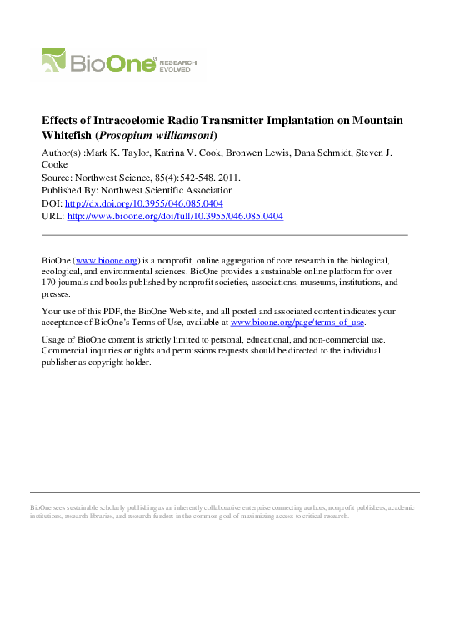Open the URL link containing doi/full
pos(175,216)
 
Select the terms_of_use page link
pos(297,322)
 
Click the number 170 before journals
pos(51,282)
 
